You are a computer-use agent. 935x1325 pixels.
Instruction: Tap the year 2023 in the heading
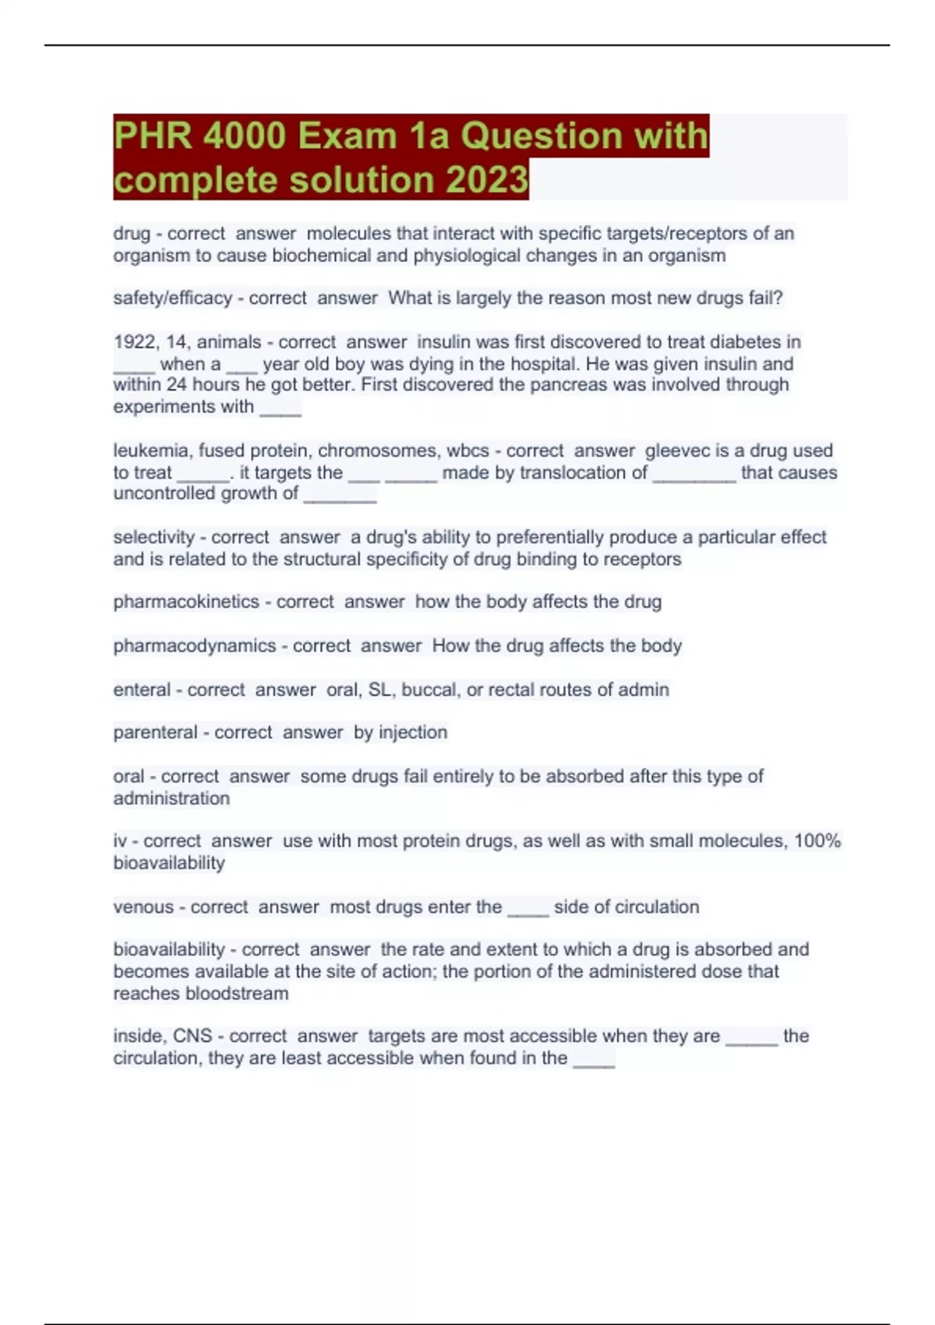(x=488, y=180)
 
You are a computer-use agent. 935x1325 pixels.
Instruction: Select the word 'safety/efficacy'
(x=172, y=298)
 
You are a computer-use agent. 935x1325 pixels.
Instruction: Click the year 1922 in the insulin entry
(x=133, y=341)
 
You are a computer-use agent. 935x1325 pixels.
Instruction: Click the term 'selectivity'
(x=153, y=537)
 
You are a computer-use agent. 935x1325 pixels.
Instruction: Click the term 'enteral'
(x=142, y=689)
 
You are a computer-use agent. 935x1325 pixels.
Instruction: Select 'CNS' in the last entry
(x=192, y=1036)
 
